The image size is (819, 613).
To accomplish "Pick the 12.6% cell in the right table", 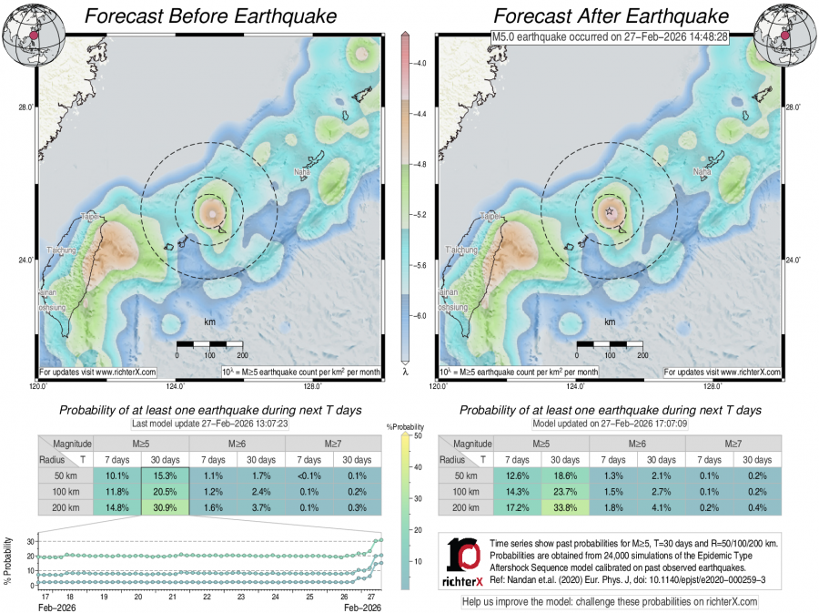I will [515, 475].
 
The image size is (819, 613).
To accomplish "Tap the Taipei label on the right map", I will [489, 217].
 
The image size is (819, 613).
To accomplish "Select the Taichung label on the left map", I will [63, 249].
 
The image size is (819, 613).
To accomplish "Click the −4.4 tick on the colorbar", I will [421, 115].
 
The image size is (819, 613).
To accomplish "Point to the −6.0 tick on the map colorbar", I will [421, 315].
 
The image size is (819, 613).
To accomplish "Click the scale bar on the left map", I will [209, 344].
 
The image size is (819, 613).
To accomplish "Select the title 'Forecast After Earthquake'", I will [611, 16].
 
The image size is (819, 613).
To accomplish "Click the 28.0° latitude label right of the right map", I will [794, 107].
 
